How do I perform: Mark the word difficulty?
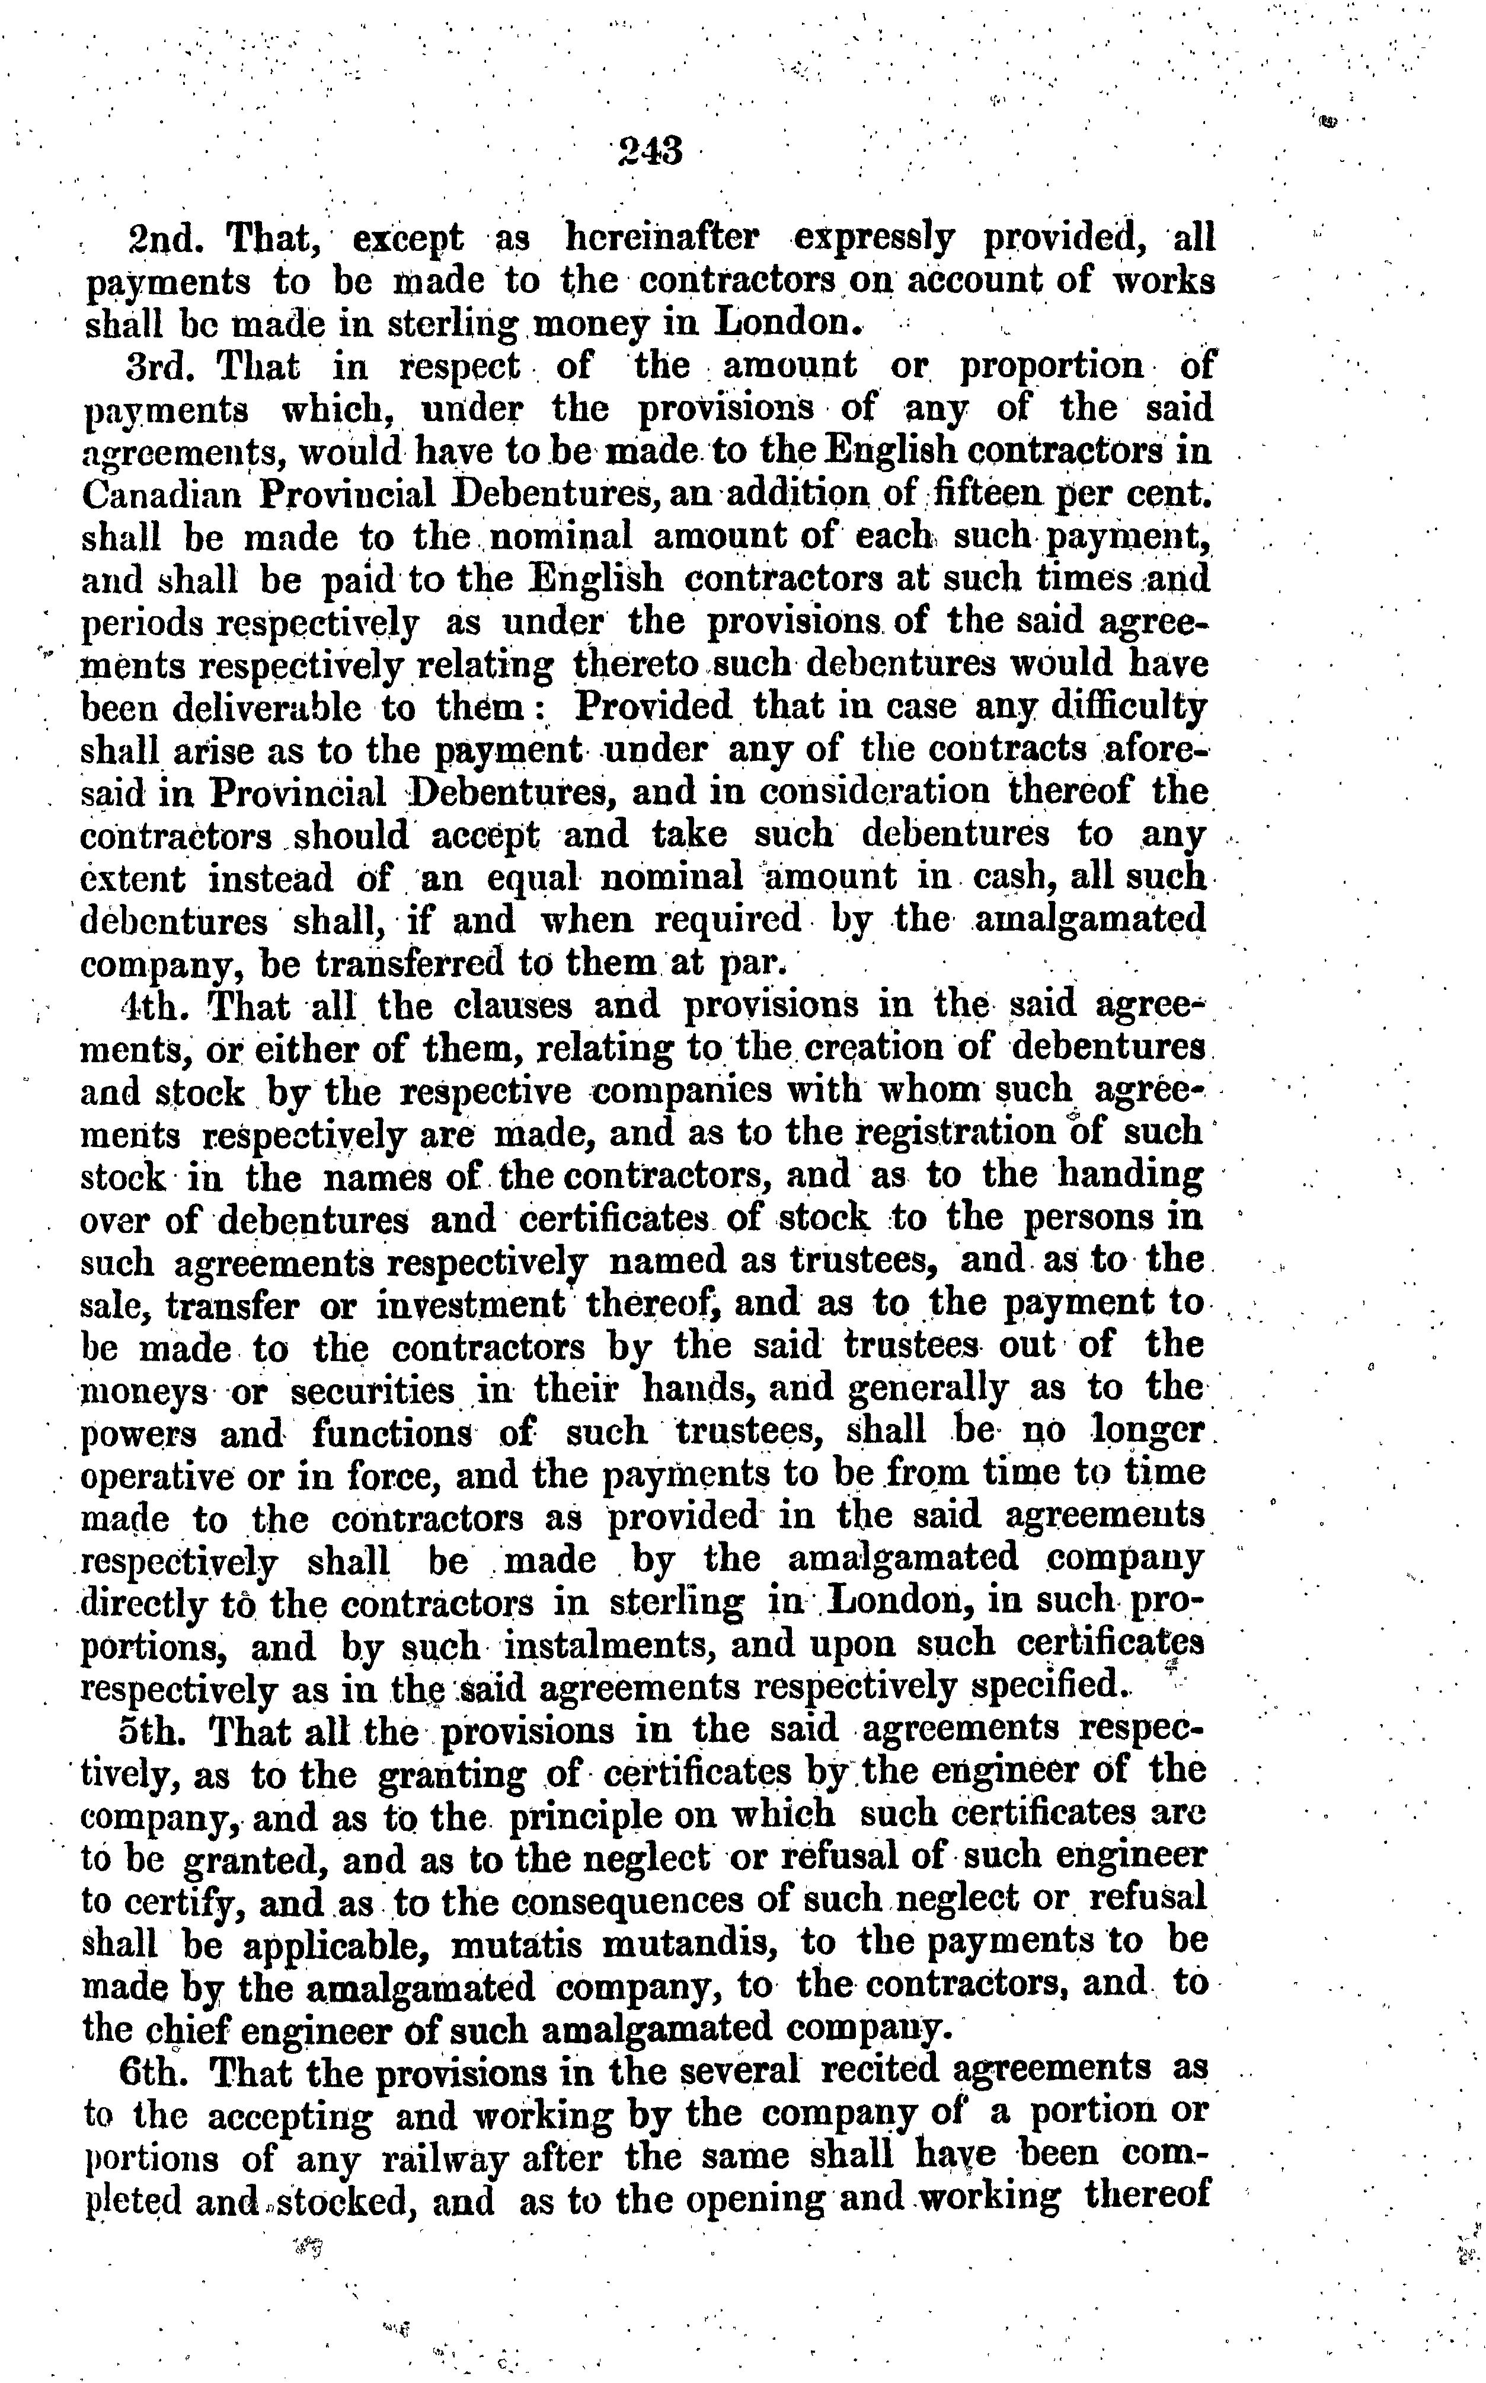[1123, 708]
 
